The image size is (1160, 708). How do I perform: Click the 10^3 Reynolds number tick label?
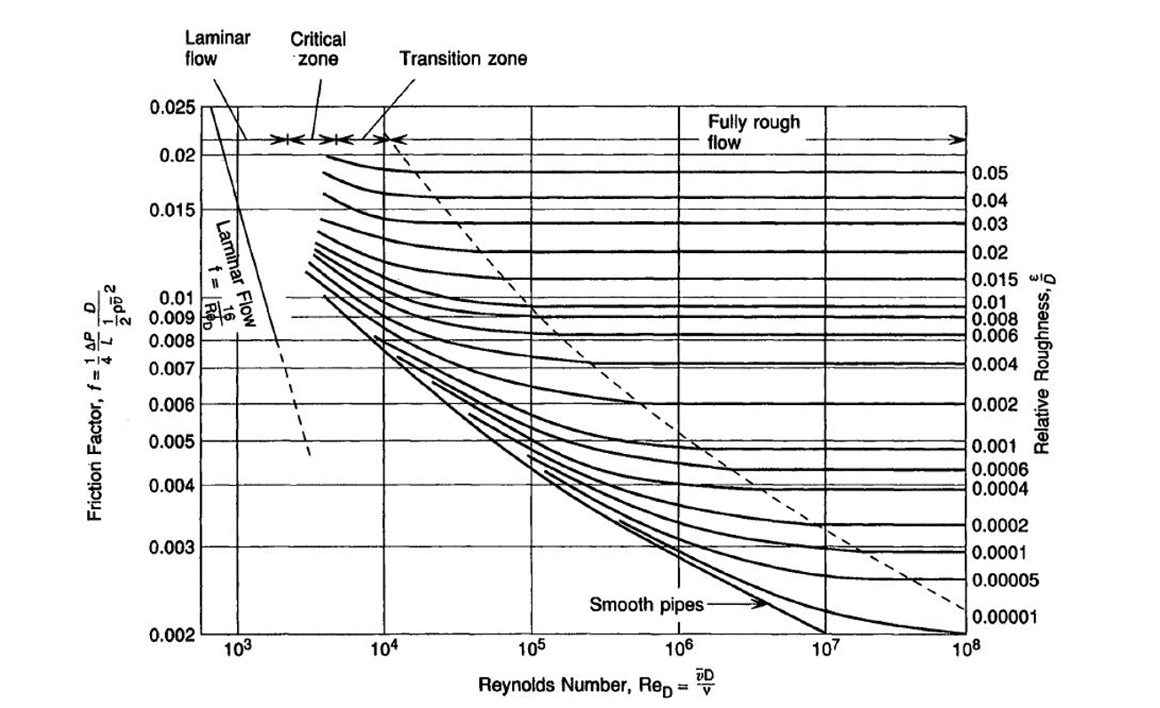238,650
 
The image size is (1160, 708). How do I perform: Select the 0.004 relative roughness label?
994,363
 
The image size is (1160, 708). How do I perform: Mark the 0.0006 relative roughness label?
998,469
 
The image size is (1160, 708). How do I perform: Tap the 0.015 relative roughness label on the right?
994,280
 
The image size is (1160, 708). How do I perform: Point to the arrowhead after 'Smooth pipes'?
762,604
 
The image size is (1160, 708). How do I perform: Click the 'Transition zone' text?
463,60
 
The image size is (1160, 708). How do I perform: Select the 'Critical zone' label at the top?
319,49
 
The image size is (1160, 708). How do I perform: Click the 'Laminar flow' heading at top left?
217,47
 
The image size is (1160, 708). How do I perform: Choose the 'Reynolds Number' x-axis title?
593,686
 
